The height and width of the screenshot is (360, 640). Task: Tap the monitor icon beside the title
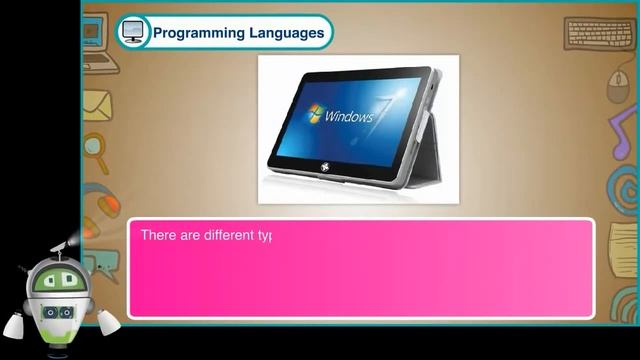click(133, 32)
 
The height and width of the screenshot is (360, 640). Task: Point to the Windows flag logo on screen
click(316, 113)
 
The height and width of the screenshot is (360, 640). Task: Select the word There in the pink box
click(158, 236)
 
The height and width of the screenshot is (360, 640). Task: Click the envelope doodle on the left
click(97, 103)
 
